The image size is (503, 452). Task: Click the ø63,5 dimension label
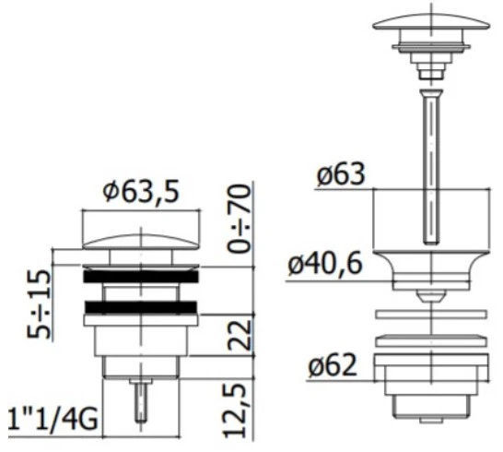[x=141, y=193]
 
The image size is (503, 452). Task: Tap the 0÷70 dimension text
[x=239, y=218]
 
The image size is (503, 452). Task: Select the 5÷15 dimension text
[x=39, y=304]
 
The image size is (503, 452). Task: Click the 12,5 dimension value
[x=235, y=411]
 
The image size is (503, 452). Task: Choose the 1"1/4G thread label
[x=53, y=419]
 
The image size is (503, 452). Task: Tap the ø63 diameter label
[x=341, y=175]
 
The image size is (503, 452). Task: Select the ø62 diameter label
[x=333, y=365]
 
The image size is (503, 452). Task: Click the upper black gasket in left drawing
[x=141, y=277]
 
